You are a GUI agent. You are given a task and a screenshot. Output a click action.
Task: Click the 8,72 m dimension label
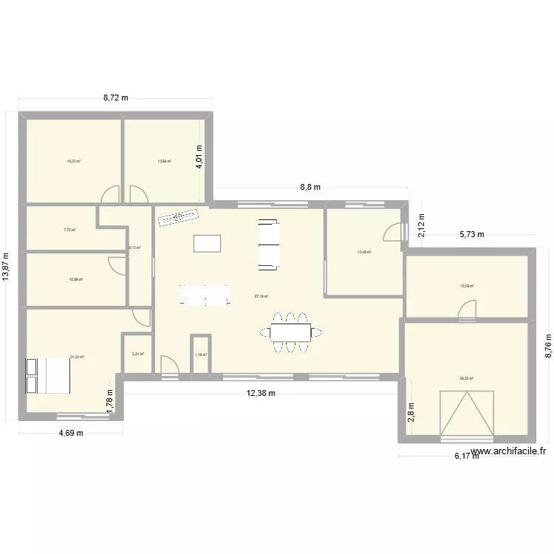pos(115,97)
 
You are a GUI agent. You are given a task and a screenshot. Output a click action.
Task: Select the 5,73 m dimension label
pos(472,235)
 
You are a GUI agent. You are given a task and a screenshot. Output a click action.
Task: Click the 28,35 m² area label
pos(466,379)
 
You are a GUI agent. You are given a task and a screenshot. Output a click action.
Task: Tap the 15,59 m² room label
pos(467,286)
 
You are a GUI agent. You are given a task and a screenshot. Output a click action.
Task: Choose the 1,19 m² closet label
pos(201,355)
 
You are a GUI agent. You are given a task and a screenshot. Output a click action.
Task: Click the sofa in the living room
pos(268,244)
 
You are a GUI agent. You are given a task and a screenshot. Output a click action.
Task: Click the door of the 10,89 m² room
pos(117,266)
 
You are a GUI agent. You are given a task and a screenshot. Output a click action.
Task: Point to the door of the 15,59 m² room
pos(467,313)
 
